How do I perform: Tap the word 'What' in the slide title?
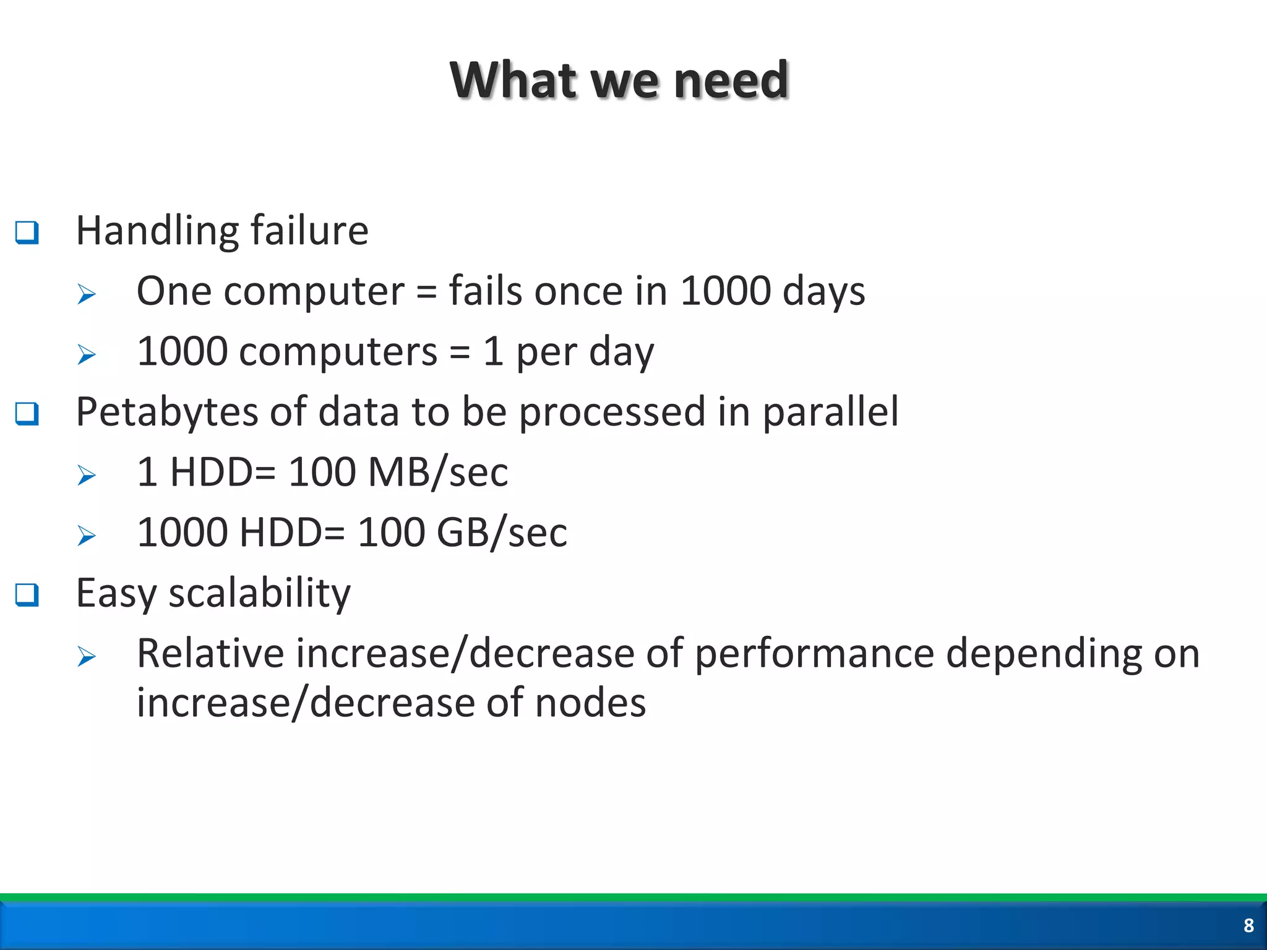click(x=512, y=80)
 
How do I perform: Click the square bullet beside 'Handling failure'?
click(x=27, y=233)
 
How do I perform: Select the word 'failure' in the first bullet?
click(x=309, y=230)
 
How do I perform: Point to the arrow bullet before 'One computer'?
click(x=87, y=294)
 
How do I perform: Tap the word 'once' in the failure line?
click(x=578, y=291)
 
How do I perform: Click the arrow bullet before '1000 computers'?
click(x=87, y=354)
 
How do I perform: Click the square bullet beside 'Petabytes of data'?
click(x=27, y=413)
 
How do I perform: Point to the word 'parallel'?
click(x=830, y=411)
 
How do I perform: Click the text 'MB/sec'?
click(x=438, y=472)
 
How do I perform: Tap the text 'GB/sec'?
click(x=502, y=532)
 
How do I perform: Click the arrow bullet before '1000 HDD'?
click(x=87, y=535)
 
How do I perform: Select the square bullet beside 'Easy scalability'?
click(x=27, y=594)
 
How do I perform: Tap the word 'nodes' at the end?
click(x=590, y=703)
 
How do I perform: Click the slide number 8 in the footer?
click(x=1248, y=925)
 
